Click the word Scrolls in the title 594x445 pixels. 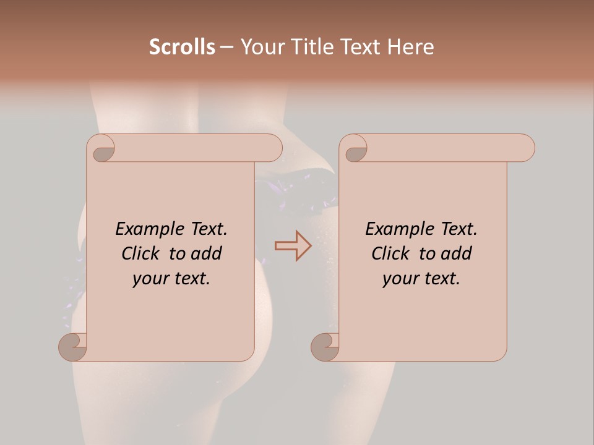182,47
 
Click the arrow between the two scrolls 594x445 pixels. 293,246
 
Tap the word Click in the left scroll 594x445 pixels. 141,253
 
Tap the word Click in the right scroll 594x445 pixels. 391,253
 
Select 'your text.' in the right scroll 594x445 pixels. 421,278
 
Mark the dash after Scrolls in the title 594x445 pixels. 226,47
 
